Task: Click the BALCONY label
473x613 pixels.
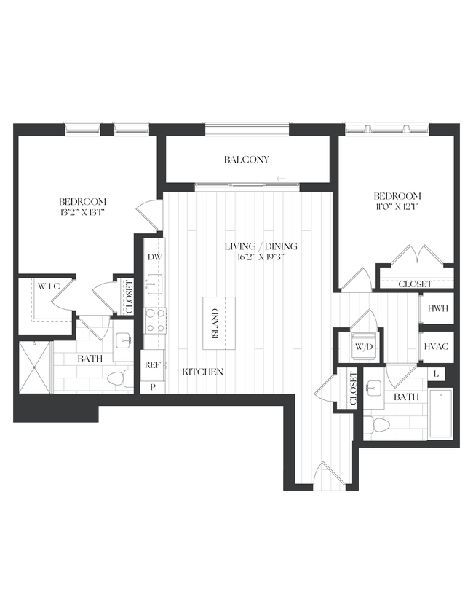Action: (x=247, y=160)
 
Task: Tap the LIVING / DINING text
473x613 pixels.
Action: (x=261, y=246)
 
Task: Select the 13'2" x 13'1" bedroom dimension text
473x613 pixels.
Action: (x=83, y=213)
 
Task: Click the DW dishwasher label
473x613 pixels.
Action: (x=154, y=257)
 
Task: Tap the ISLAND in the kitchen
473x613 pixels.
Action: (x=214, y=323)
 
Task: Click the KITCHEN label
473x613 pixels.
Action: (x=202, y=372)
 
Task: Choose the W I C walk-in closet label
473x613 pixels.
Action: (x=48, y=286)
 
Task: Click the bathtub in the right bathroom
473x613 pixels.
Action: (x=441, y=413)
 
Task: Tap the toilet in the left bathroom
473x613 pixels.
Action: (x=125, y=378)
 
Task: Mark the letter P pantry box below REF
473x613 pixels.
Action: (x=153, y=386)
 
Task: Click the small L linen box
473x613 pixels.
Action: (x=437, y=373)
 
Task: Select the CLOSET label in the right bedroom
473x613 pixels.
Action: (x=416, y=284)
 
